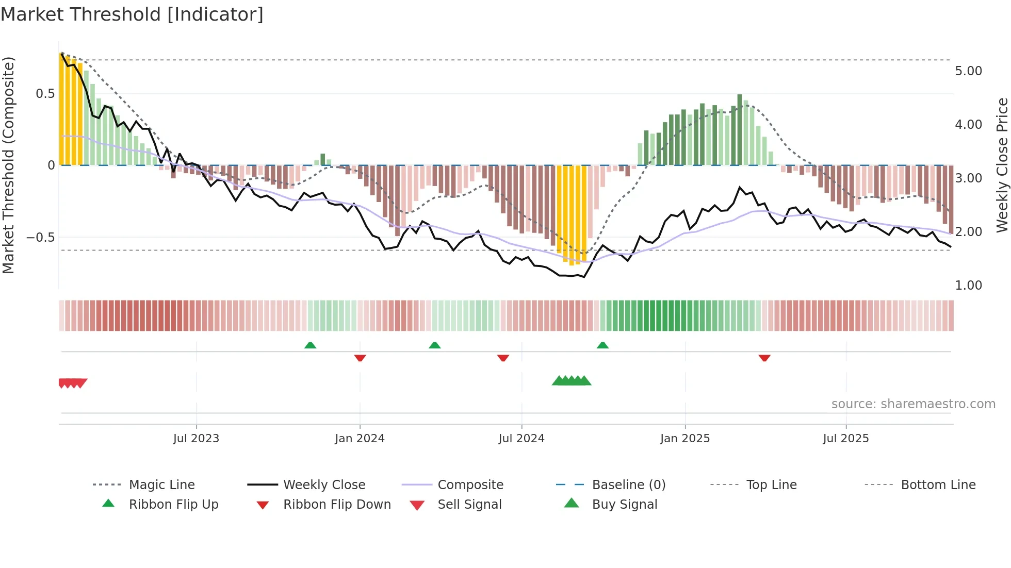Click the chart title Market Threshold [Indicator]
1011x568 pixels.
point(132,14)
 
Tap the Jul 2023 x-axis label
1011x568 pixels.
point(196,439)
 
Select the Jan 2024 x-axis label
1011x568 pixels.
point(360,439)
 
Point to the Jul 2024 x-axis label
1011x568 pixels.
point(521,439)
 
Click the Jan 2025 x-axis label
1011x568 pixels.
point(685,439)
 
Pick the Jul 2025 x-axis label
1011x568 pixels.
point(846,439)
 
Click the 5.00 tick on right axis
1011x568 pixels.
point(968,71)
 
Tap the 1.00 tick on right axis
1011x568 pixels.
point(968,286)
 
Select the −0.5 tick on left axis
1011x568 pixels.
point(41,238)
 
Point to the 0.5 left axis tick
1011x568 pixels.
point(45,94)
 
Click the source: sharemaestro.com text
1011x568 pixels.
point(913,404)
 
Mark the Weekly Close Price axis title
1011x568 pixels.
point(1002,165)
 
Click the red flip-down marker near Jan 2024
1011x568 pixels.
point(360,358)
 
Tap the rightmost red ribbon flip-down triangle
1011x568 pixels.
point(764,358)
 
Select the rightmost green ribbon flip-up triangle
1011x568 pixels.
point(602,345)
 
